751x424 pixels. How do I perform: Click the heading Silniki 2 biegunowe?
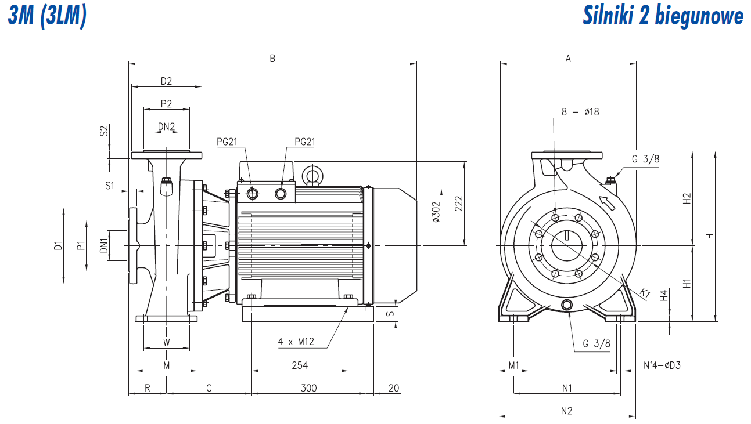[x=663, y=16]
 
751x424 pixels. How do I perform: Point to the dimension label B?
[x=272, y=58]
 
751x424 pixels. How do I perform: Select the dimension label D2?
[x=167, y=81]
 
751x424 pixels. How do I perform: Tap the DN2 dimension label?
[x=167, y=126]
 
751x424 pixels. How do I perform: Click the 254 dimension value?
[x=299, y=365]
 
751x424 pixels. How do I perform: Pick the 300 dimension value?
[x=309, y=387]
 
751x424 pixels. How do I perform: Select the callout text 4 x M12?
[x=296, y=342]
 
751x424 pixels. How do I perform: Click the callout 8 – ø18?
[x=580, y=112]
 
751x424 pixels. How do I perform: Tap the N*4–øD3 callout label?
[x=662, y=365]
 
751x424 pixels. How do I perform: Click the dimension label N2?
[x=567, y=411]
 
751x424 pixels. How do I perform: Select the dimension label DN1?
[x=104, y=245]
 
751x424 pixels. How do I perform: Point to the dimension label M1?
[x=513, y=365]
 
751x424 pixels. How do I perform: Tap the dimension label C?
[x=209, y=387]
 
